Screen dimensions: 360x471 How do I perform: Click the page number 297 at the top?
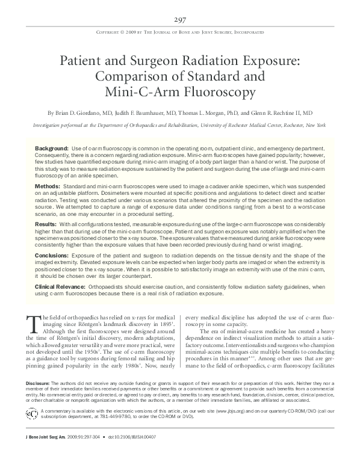click(179, 19)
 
